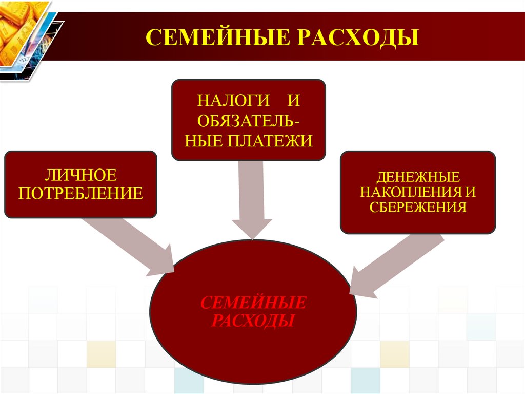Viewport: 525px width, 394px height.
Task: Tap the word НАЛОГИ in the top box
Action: point(217,100)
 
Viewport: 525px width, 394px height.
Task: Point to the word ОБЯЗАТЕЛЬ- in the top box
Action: point(248,120)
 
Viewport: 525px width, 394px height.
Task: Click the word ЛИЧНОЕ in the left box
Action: point(80,176)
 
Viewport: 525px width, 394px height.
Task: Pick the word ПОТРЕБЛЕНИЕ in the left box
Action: point(80,194)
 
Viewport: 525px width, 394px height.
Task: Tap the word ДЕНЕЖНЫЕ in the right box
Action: point(418,177)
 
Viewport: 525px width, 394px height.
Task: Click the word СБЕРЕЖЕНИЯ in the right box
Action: point(418,207)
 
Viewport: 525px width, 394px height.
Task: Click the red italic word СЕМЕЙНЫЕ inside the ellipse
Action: point(253,302)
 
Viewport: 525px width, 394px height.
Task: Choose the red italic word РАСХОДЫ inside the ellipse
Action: point(253,322)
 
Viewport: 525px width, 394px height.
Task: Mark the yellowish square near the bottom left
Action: point(101,354)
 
